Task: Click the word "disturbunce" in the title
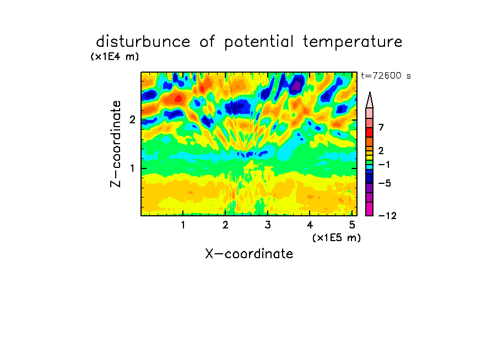143,42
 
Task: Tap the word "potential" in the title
259,42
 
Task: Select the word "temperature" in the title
353,42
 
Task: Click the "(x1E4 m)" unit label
115,57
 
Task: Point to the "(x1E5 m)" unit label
337,237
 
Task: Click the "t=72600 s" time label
386,76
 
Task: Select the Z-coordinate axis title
115,144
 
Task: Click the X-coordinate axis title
249,254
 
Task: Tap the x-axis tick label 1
183,225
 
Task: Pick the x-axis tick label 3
268,225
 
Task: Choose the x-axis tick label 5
352,225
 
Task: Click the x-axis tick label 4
310,225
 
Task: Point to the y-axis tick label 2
132,120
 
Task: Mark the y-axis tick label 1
132,168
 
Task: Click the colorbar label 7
381,128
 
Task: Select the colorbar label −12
387,216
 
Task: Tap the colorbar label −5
385,183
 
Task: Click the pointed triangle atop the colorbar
370,100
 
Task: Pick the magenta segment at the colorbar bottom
370,209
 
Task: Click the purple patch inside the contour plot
296,85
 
